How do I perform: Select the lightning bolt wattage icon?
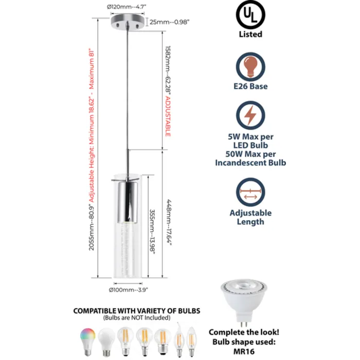[x=250, y=116]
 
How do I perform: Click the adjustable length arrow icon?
[x=250, y=193]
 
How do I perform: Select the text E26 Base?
[x=250, y=86]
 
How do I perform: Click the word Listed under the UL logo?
[x=250, y=34]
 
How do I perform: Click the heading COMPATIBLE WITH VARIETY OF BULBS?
[x=137, y=311]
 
